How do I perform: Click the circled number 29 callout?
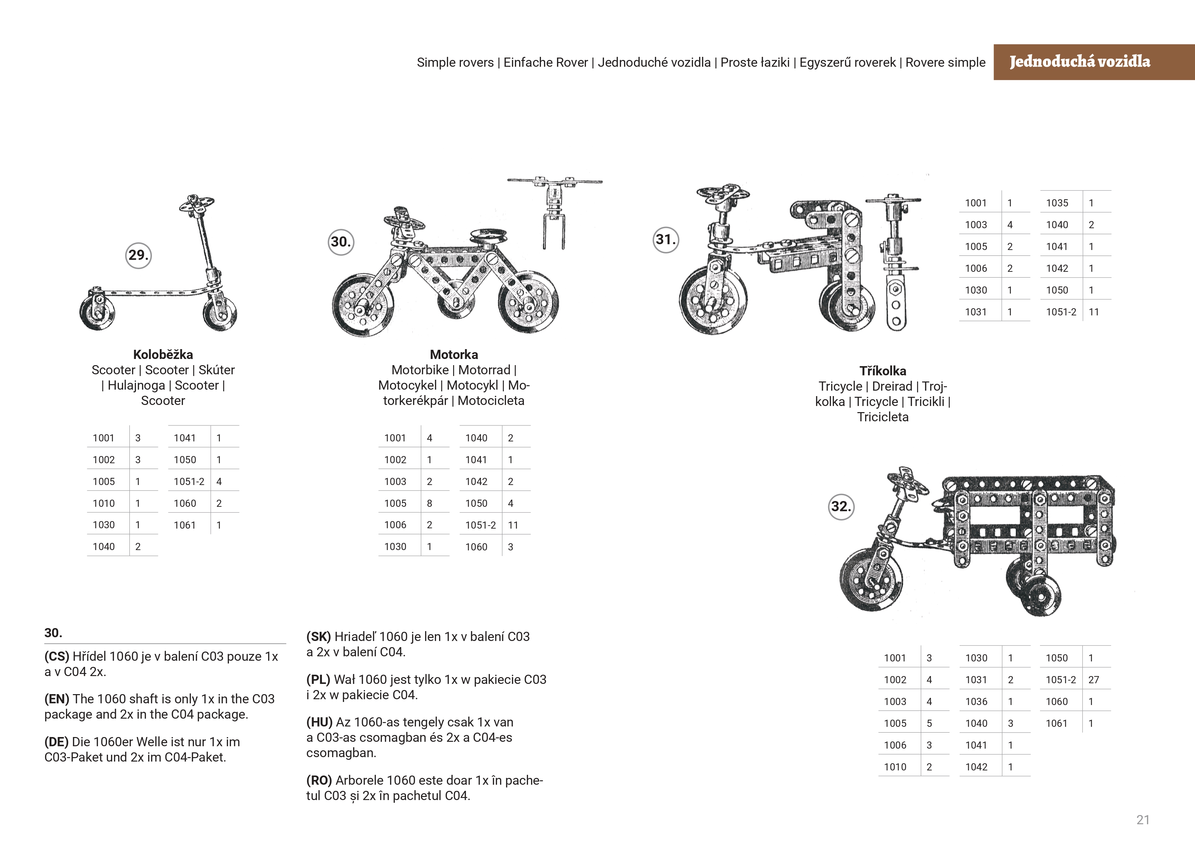coord(138,255)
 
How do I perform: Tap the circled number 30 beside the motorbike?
coord(341,242)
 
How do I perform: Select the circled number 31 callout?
coord(666,240)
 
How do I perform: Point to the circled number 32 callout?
coord(841,507)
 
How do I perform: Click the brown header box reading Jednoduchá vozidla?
coord(1093,62)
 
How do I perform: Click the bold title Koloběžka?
coord(163,355)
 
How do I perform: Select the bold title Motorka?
coord(454,355)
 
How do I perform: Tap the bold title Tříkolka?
coord(883,371)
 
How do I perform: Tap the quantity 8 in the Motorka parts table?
coord(429,503)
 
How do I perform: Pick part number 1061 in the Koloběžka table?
coord(185,525)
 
